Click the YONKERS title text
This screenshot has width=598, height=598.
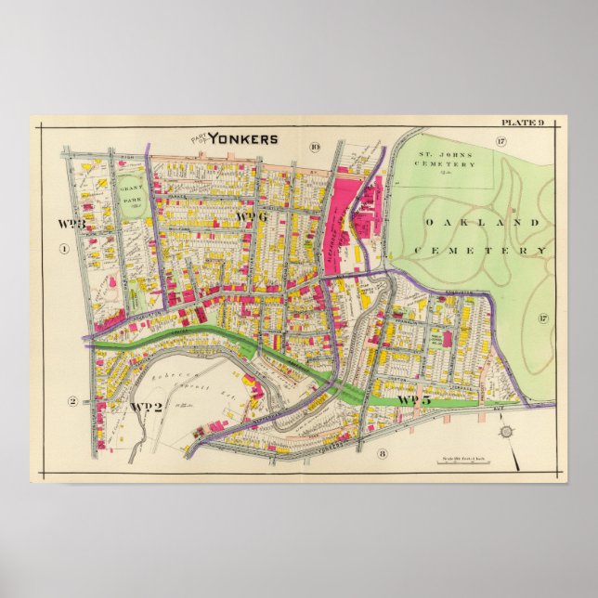click(242, 139)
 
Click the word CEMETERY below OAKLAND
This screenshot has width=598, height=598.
click(480, 251)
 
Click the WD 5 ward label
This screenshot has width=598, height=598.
click(414, 400)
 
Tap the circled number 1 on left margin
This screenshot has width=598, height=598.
click(64, 248)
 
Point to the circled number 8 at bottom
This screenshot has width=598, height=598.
click(381, 453)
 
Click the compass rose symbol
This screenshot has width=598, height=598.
click(505, 432)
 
